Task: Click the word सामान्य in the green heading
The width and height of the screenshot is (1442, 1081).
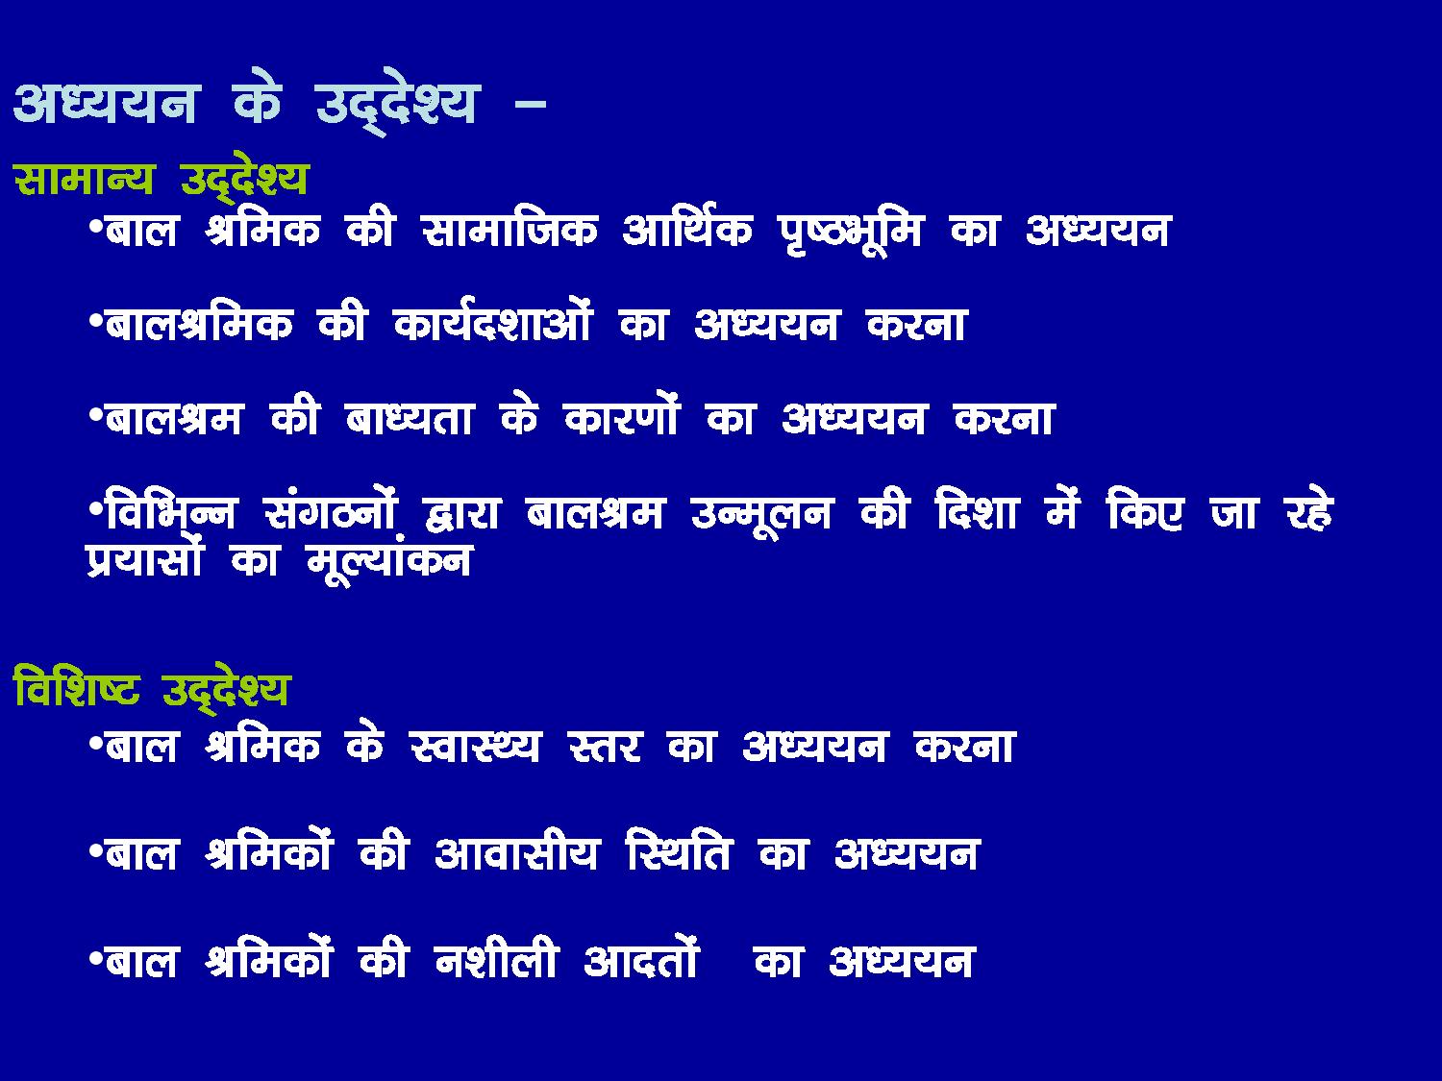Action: [x=84, y=178]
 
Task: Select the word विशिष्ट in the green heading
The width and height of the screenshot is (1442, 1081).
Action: [x=77, y=688]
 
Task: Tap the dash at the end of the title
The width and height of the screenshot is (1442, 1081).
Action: [x=531, y=103]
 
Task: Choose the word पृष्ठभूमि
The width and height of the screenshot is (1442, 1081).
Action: [x=850, y=233]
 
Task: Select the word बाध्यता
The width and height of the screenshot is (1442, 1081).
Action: [x=409, y=418]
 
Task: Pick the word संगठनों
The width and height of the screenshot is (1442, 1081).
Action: [x=331, y=510]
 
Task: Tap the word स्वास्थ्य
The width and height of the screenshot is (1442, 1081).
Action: [x=474, y=747]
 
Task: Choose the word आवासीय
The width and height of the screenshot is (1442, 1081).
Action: [x=516, y=852]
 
